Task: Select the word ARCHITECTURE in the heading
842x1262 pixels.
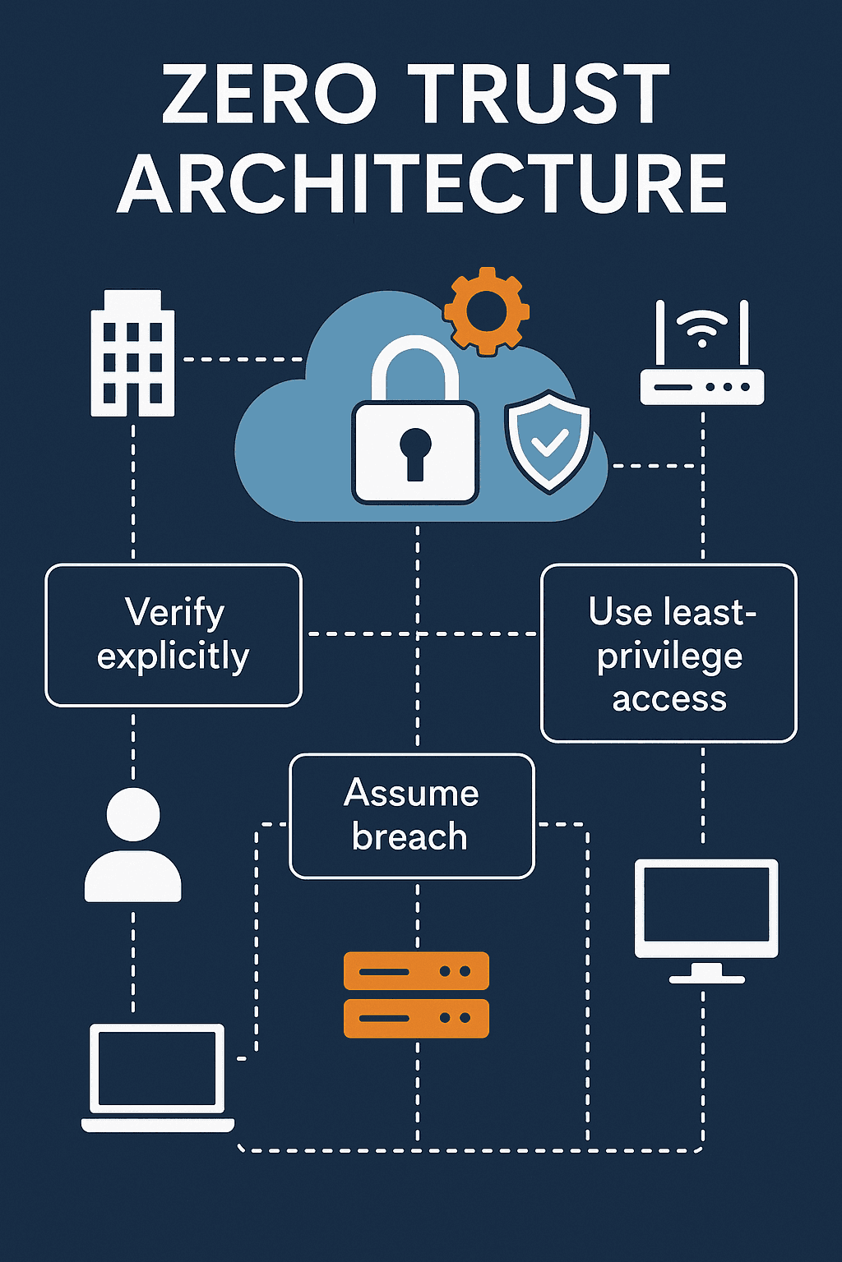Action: [422, 185]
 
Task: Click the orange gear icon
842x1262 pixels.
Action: [486, 311]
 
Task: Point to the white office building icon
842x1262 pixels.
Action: [132, 353]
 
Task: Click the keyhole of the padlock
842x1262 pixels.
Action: [415, 451]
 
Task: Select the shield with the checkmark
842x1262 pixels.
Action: [548, 441]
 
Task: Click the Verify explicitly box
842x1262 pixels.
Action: [173, 634]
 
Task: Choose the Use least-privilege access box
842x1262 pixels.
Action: [669, 653]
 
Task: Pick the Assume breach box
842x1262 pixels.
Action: [412, 816]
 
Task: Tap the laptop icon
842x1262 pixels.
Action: [157, 1076]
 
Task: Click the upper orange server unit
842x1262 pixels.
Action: [416, 971]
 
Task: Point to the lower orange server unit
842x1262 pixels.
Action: [416, 1018]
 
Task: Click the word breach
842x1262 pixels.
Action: [409, 837]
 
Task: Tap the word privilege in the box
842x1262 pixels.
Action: [669, 656]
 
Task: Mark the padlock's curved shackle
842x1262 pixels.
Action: [414, 362]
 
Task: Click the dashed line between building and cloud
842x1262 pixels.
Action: [243, 359]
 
